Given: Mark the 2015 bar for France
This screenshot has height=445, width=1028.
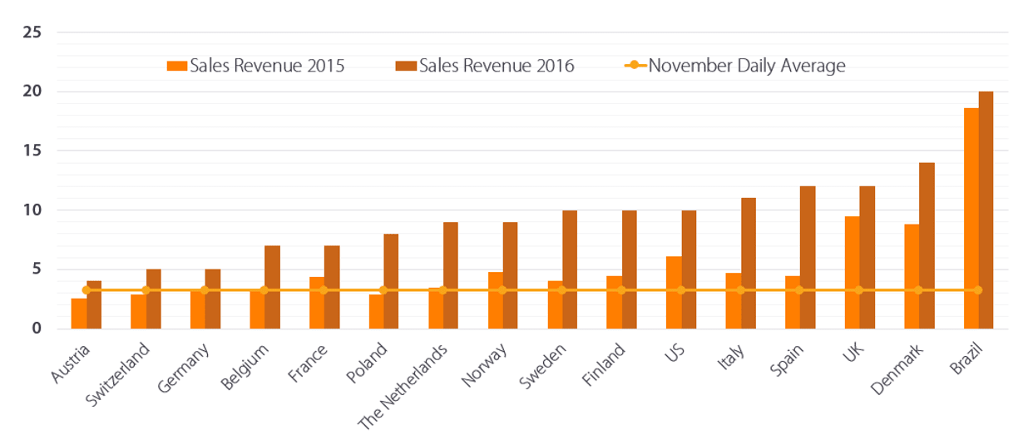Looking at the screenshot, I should pos(317,303).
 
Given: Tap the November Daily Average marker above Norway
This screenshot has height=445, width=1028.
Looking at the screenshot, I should pos(502,290).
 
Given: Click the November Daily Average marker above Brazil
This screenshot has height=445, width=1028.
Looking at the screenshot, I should pos(978,290).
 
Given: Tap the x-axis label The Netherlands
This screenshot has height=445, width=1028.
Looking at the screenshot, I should pos(404,386).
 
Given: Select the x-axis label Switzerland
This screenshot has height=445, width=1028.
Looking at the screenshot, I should pos(119,374).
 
